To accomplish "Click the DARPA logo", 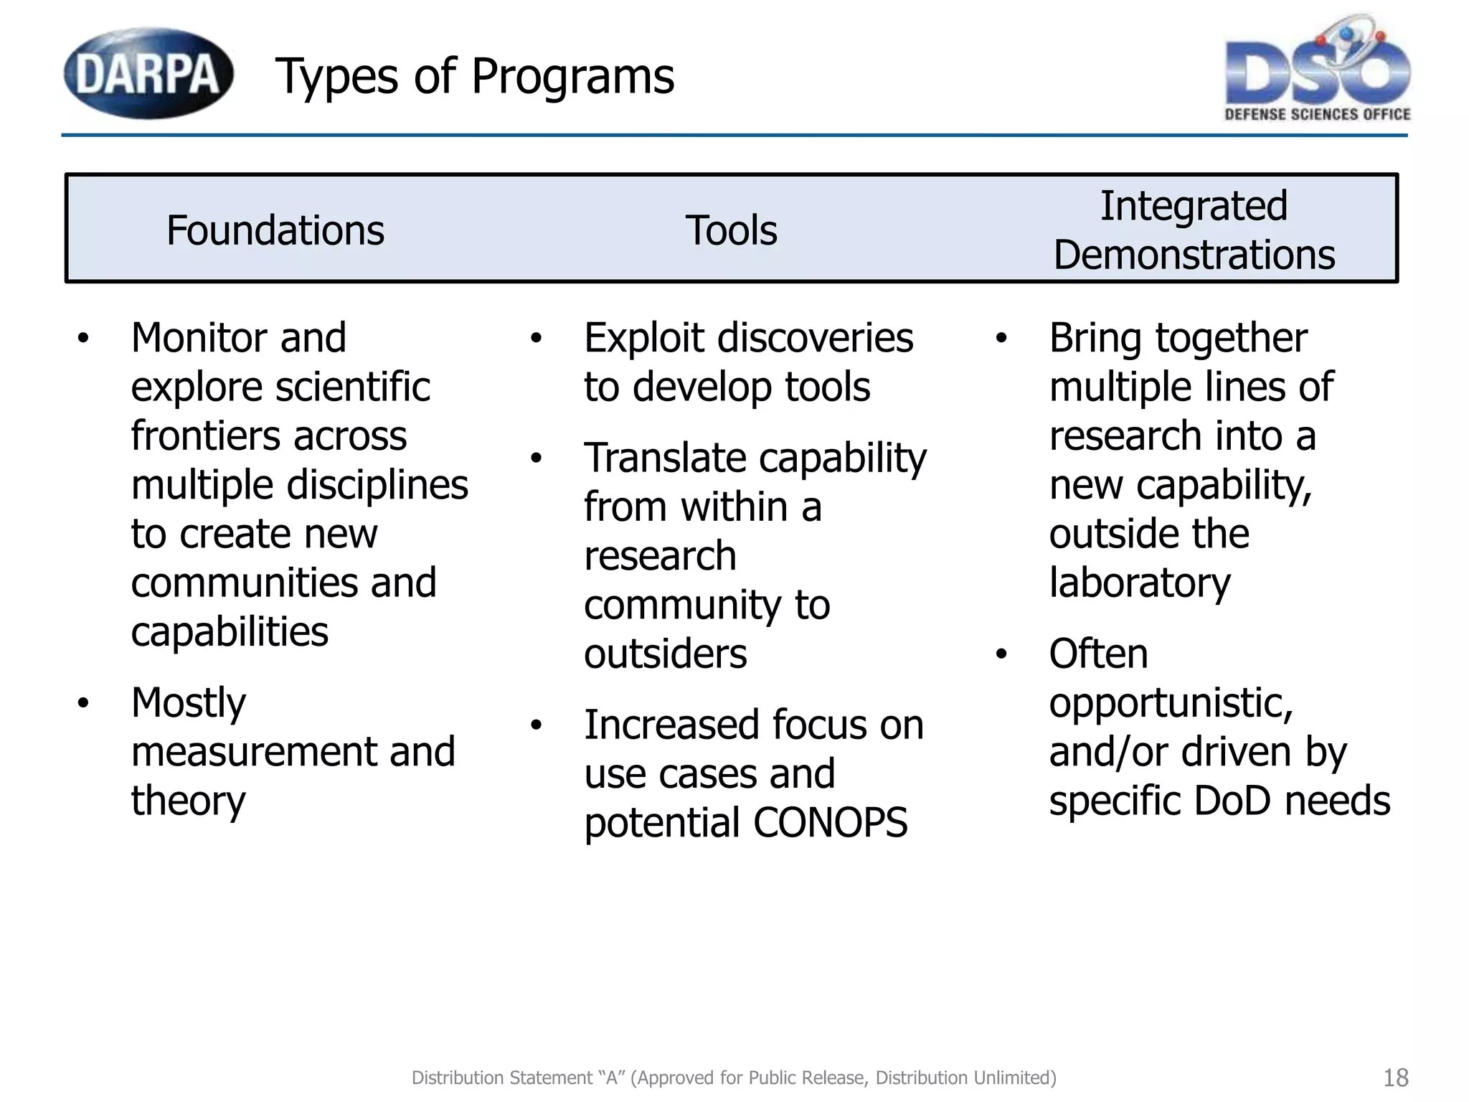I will point(148,73).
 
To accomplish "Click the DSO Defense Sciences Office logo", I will point(1317,72).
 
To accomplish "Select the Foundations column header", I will point(275,230).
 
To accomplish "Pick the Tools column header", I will point(731,230).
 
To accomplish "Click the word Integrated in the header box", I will point(1194,206).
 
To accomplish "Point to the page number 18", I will point(1395,1078).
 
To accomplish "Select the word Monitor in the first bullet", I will point(200,338).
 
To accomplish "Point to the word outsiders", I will point(665,654).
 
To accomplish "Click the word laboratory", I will point(1140,583).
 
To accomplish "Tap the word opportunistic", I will point(1171,703).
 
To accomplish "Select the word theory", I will point(188,801).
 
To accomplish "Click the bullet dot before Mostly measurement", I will point(84,703).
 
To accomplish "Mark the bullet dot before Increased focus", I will point(537,725).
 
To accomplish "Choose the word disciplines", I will point(377,485).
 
